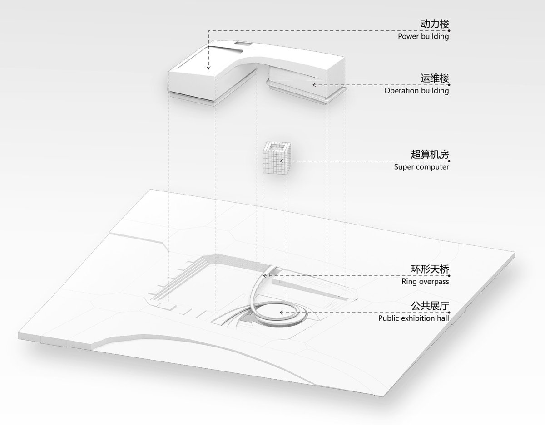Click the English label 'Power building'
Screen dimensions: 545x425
click(423, 36)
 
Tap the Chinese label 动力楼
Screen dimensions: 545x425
click(435, 24)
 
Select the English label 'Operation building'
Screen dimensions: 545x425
click(416, 91)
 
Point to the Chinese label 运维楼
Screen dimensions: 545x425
click(435, 78)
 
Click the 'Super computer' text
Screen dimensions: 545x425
click(421, 167)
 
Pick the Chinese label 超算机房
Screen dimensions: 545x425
click(430, 155)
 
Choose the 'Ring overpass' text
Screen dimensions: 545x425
click(425, 282)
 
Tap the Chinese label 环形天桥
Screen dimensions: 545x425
click(430, 269)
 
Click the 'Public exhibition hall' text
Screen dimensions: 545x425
click(414, 318)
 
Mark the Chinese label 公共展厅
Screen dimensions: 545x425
click(430, 306)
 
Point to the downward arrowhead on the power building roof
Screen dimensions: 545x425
click(208, 68)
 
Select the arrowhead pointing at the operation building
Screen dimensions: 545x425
click(314, 85)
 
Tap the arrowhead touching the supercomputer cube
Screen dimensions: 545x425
click(282, 161)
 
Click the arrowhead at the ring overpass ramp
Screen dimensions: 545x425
click(264, 276)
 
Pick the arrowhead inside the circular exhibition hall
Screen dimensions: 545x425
click(282, 313)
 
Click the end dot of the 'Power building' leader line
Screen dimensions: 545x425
click(449, 31)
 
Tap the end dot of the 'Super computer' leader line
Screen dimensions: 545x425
click(449, 161)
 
